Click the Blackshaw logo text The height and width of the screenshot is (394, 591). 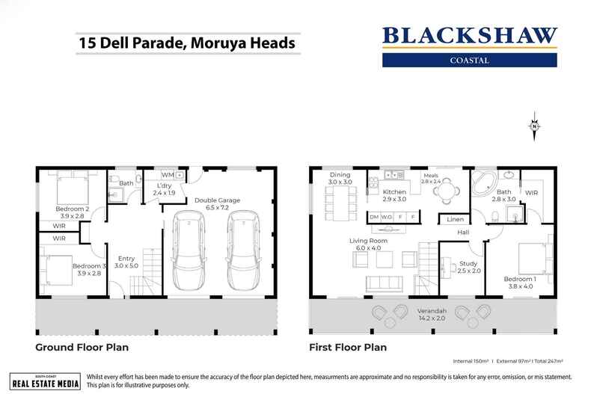point(469,36)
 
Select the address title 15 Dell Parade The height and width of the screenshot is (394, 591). point(186,43)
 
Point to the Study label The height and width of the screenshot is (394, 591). point(468,263)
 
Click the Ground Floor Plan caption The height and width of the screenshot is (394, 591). point(82,348)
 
